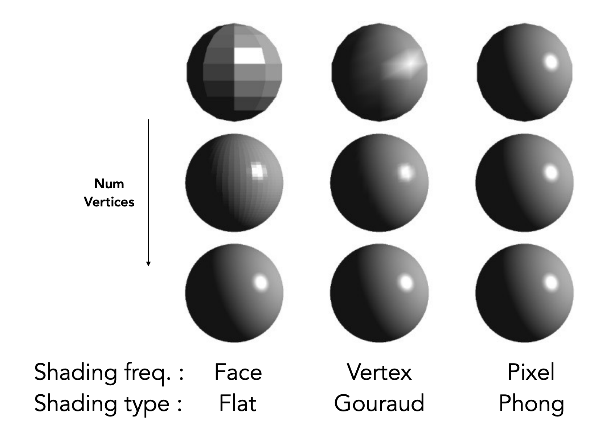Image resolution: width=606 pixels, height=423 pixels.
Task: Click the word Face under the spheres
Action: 238,372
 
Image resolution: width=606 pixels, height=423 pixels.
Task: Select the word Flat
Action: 238,403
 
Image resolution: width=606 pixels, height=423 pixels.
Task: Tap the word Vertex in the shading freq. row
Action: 379,372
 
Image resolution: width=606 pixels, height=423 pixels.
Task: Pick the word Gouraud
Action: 379,403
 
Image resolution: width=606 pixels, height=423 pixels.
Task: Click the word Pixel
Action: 531,372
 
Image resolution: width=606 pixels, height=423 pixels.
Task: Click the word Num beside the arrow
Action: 109,184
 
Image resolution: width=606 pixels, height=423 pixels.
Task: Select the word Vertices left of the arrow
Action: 109,202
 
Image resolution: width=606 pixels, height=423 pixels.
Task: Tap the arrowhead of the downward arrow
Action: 148,264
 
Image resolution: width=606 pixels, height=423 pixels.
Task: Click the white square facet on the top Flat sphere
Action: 249,56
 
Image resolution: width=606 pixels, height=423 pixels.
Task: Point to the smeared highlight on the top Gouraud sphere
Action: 403,65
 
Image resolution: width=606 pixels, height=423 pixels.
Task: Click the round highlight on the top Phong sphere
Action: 551,62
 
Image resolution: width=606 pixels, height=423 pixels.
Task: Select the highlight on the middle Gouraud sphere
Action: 406,173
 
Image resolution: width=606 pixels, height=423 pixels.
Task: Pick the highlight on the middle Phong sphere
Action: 551,173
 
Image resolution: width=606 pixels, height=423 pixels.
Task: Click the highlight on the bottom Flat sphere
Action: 261,283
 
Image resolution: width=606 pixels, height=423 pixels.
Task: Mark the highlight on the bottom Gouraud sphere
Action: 406,283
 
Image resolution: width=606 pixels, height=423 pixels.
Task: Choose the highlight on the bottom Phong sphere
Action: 551,283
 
